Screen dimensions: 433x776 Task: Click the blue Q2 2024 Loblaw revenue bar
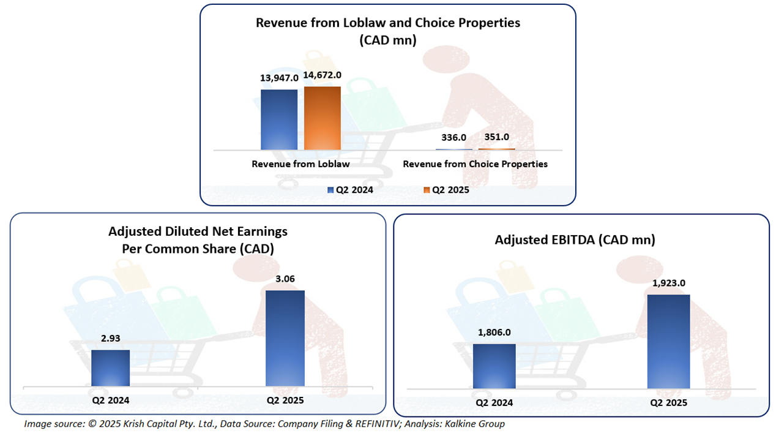279,119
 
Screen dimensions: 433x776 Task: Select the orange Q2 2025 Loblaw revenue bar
322,118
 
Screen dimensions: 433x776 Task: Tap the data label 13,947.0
279,78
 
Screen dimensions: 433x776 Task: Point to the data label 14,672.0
322,75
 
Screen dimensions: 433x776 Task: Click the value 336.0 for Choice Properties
453,137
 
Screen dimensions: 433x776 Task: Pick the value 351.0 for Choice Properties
496,137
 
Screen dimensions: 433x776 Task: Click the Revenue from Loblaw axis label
300,164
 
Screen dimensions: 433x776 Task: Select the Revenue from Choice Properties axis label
475,164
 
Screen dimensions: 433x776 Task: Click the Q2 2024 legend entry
350,190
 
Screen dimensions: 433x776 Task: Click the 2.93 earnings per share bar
110,368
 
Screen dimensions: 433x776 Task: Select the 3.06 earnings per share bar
285,338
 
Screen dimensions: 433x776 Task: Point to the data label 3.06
285,279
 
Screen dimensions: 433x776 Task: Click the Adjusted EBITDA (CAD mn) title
575,239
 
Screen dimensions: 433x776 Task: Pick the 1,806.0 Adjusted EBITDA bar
494,366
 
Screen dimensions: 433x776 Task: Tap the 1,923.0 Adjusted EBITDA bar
668,341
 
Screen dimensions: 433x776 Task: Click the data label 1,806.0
494,333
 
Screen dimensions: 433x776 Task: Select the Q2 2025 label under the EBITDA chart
668,402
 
